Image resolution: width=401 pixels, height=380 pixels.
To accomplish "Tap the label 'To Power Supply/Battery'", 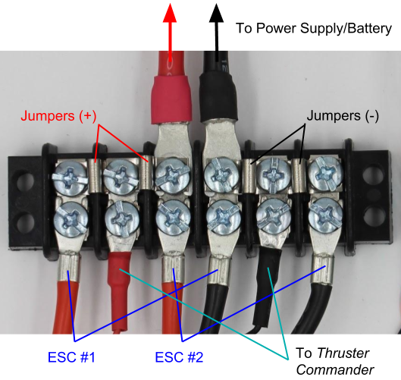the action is pyautogui.click(x=314, y=28).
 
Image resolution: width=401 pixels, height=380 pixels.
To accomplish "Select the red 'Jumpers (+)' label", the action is pyautogui.click(x=58, y=115).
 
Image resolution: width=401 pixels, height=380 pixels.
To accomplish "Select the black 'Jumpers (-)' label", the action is pyautogui.click(x=343, y=115).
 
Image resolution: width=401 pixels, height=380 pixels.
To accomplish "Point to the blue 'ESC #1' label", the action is pyautogui.click(x=71, y=357).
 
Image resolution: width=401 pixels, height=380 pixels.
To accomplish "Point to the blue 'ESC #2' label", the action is pyautogui.click(x=179, y=357).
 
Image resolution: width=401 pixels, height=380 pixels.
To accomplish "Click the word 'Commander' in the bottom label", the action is pyautogui.click(x=335, y=370).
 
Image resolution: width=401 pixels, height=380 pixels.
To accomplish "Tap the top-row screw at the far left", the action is pyautogui.click(x=70, y=177).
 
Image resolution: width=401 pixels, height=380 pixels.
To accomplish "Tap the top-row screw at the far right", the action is pyautogui.click(x=325, y=174).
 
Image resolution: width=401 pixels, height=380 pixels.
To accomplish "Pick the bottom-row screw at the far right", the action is pyautogui.click(x=325, y=215).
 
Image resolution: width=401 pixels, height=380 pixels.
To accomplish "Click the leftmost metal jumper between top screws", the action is pyautogui.click(x=96, y=175).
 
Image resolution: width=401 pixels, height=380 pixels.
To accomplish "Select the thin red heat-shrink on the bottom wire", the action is pyautogui.click(x=120, y=291).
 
